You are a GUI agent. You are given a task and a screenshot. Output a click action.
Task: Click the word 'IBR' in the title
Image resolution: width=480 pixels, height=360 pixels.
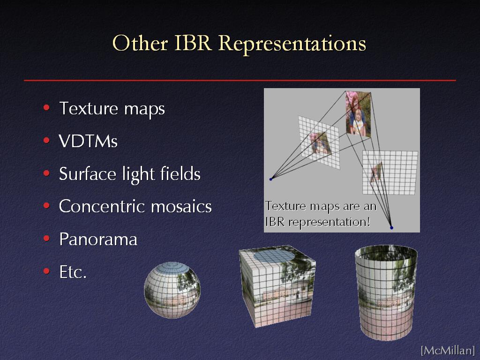[193, 43]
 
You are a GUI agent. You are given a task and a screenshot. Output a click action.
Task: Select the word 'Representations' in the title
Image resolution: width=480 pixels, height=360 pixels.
[292, 44]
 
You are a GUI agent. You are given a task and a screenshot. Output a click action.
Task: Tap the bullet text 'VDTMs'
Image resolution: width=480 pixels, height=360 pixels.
[88, 141]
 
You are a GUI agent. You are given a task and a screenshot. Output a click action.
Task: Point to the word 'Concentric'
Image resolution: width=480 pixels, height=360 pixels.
[101, 206]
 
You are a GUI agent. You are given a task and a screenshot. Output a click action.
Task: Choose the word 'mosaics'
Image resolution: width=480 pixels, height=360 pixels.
[181, 206]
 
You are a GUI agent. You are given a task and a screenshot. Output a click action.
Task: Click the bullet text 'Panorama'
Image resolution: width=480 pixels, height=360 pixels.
[98, 239]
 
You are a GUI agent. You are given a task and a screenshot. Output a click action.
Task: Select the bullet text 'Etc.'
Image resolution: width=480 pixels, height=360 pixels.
[73, 272]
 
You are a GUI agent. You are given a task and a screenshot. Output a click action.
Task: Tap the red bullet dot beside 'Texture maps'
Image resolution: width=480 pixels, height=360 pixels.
[46, 107]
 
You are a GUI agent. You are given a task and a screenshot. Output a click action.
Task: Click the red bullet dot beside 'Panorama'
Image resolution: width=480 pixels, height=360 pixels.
[46, 238]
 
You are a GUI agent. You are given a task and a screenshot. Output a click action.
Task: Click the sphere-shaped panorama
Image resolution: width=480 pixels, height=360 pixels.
[172, 290]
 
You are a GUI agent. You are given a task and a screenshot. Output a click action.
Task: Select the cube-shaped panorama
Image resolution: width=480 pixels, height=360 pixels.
[277, 286]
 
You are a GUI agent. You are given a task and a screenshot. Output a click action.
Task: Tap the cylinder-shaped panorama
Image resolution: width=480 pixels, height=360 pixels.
[386, 292]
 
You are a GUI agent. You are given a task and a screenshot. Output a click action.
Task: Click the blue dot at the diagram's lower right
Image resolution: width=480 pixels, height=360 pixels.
[391, 228]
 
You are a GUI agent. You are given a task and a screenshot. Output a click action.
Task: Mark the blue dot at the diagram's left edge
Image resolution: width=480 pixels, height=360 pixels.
[270, 179]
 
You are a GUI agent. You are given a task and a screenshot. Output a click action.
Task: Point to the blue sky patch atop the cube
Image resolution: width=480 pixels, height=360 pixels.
[274, 255]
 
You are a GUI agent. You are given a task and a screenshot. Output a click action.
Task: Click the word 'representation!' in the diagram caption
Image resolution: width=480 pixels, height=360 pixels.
[330, 222]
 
